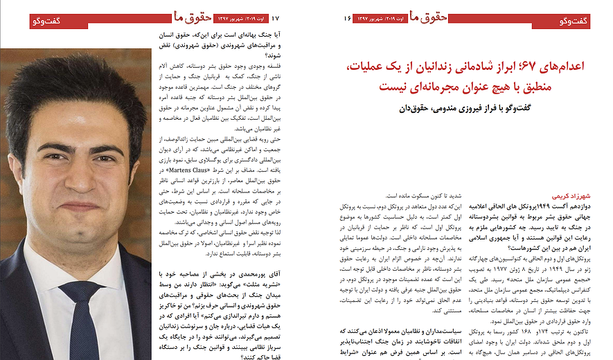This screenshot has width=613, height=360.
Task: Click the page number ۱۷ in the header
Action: click(x=276, y=19)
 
